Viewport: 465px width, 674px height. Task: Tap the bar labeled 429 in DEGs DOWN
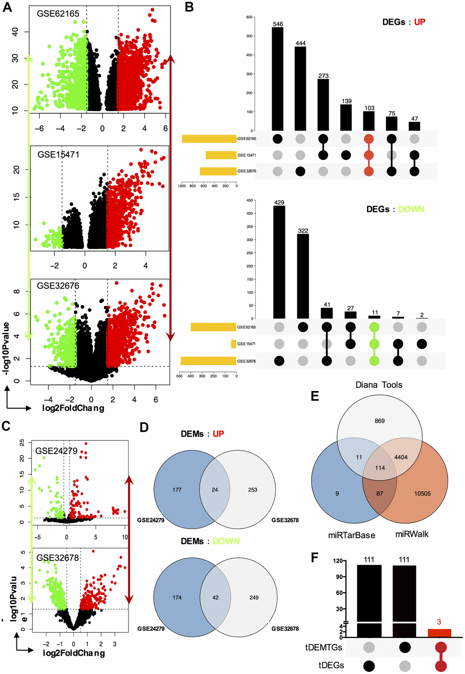click(279, 262)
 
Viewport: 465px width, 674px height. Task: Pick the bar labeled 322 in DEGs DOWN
click(303, 276)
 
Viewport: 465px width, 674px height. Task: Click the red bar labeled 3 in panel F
click(439, 633)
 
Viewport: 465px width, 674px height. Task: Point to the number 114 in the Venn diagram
click(380, 468)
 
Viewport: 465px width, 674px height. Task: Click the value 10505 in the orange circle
click(422, 494)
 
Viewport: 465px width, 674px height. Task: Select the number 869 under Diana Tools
click(380, 421)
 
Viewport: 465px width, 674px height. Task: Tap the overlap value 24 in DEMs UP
click(215, 490)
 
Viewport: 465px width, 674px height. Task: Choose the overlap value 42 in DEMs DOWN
click(215, 597)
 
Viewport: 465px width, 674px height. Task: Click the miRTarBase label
click(351, 535)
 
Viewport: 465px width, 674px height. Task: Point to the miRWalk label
click(412, 534)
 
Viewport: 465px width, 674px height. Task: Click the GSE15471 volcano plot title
click(58, 154)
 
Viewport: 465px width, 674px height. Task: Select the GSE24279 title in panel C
click(57, 451)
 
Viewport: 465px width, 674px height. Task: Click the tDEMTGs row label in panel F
click(324, 647)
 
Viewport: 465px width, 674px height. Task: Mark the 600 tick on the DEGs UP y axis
click(249, 17)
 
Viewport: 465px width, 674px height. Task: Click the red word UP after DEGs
click(419, 22)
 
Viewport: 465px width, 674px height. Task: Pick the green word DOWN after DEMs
click(226, 541)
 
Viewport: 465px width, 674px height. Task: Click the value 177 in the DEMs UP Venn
click(177, 490)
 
